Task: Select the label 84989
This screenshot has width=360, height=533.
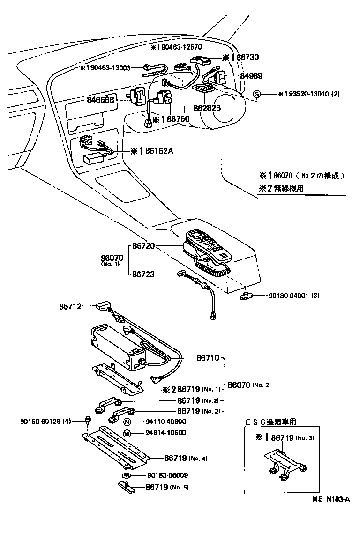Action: pyautogui.click(x=251, y=76)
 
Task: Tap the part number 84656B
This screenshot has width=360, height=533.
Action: pyautogui.click(x=101, y=100)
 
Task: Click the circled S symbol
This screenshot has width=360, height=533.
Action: pyautogui.click(x=256, y=94)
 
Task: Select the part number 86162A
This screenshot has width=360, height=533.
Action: pyautogui.click(x=153, y=151)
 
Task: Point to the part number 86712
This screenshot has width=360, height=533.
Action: pyautogui.click(x=70, y=306)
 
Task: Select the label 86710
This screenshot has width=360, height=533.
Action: pyautogui.click(x=208, y=358)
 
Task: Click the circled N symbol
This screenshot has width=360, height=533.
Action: pyautogui.click(x=127, y=422)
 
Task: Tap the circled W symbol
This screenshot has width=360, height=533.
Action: pyautogui.click(x=127, y=433)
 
